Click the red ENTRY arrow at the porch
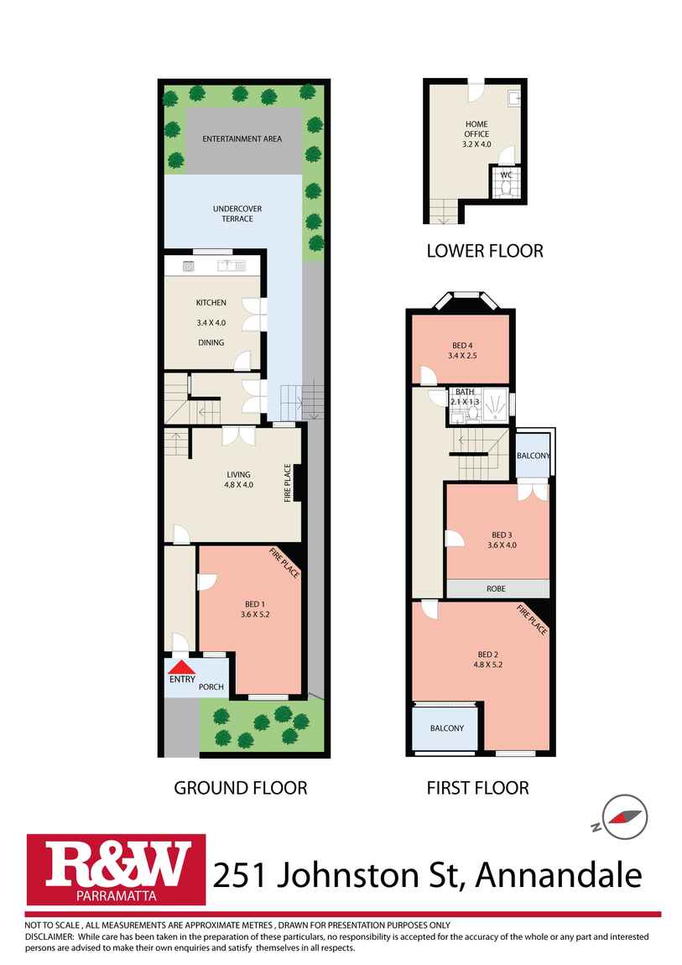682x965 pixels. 181,667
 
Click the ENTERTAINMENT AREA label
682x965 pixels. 242,138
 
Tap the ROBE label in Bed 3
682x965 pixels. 497,589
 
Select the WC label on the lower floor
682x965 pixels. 506,175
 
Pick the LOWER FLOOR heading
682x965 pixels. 484,250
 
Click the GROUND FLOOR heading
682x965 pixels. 240,788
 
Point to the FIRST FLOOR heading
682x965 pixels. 476,788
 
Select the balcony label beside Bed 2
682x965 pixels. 446,728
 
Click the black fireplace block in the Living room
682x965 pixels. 298,484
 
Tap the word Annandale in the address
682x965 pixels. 559,875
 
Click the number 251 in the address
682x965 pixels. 241,875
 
